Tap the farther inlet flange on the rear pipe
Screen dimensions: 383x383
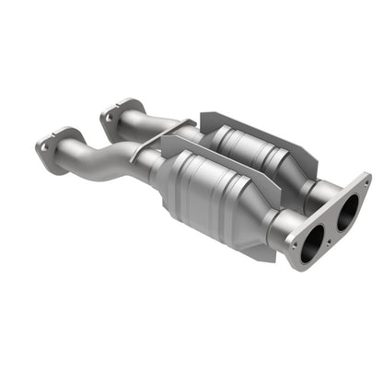[114, 117]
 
